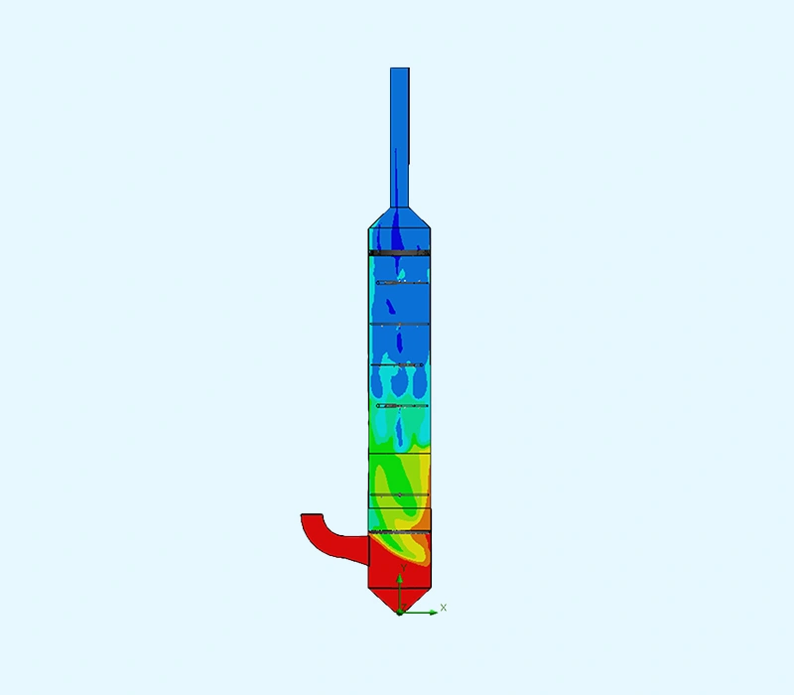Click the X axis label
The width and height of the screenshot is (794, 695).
pyautogui.click(x=444, y=608)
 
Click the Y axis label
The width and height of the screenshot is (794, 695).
pyautogui.click(x=404, y=568)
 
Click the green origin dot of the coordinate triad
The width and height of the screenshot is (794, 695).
pyautogui.click(x=399, y=613)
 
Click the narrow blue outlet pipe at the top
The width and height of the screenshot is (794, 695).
pyautogui.click(x=400, y=138)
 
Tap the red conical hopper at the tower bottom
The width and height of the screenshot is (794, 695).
pyautogui.click(x=400, y=601)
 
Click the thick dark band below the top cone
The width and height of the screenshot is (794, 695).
pyautogui.click(x=400, y=252)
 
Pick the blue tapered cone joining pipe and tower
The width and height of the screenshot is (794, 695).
pyautogui.click(x=400, y=218)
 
